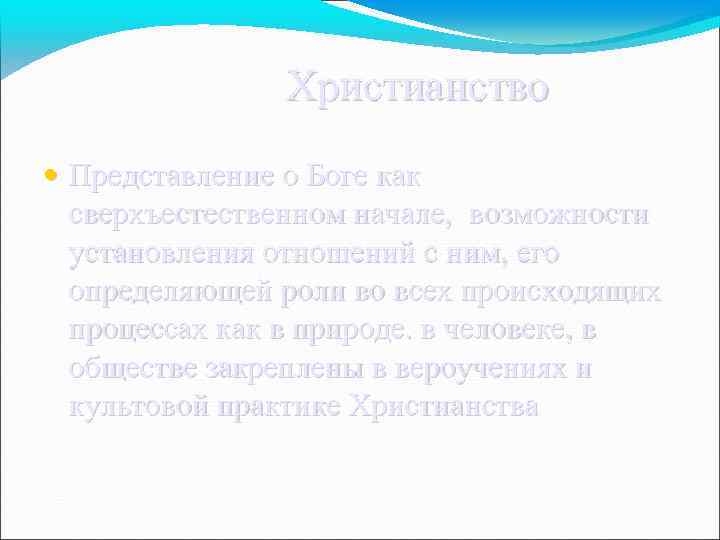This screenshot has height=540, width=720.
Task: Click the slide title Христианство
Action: tap(418, 88)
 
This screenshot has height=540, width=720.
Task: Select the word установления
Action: tap(164, 253)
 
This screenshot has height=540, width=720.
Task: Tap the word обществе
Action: tap(133, 368)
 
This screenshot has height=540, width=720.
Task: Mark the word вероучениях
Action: tap(479, 368)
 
